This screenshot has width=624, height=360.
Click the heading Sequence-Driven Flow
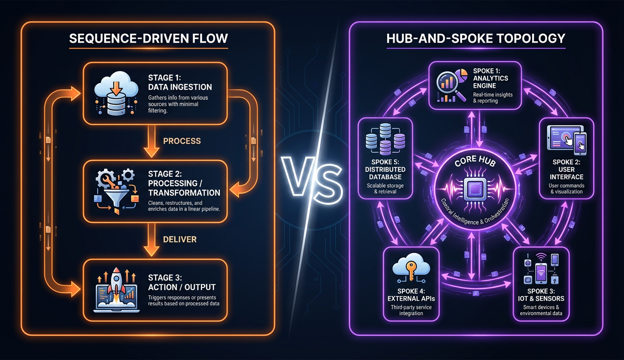(148, 39)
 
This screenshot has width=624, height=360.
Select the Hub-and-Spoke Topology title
(476, 38)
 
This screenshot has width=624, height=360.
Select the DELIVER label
(180, 239)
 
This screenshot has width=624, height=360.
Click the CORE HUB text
(473, 164)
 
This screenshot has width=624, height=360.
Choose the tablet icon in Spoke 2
(566, 141)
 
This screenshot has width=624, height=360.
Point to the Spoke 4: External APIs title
(411, 294)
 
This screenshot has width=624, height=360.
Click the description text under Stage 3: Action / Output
(184, 300)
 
